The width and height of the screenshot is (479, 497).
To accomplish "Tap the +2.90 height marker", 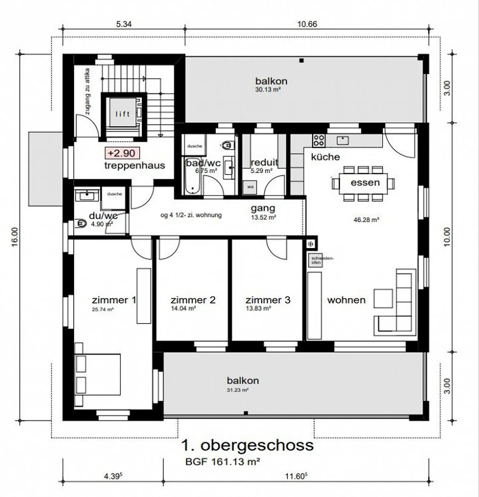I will click(x=122, y=153).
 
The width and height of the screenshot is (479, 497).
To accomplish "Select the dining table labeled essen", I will click(x=364, y=183).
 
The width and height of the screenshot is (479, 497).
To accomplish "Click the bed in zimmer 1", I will click(x=97, y=375).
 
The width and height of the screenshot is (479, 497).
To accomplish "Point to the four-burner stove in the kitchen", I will click(x=318, y=140).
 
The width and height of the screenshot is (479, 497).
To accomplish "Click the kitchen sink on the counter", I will click(x=343, y=140).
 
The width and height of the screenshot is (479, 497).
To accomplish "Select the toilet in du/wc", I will click(x=81, y=224).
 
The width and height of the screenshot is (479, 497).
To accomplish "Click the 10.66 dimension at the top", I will click(x=307, y=24).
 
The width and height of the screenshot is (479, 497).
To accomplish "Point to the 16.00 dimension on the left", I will click(x=15, y=237).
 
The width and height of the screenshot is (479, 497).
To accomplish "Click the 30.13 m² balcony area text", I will click(x=268, y=89).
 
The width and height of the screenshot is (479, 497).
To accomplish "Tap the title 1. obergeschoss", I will click(x=247, y=445).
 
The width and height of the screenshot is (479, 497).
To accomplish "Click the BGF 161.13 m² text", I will click(x=223, y=462).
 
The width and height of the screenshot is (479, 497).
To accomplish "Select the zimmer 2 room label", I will click(x=193, y=300).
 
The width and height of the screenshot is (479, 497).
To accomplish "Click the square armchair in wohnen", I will click(x=383, y=298).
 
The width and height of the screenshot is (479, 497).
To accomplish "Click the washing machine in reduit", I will click(x=250, y=187).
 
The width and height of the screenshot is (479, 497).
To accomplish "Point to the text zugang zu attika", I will click(x=87, y=91).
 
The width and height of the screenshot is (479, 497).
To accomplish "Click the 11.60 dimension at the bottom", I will click(x=296, y=476).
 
